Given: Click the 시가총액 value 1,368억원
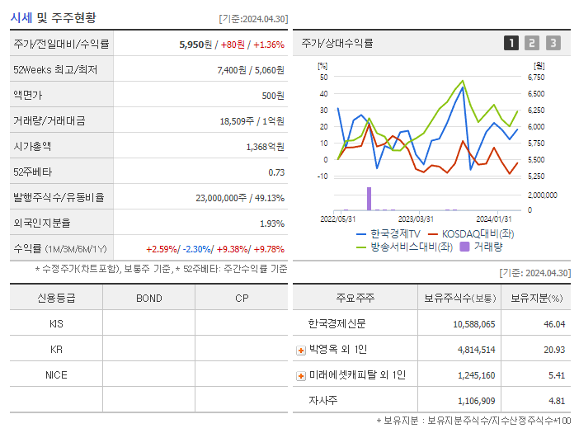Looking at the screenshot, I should pyautogui.click(x=265, y=147).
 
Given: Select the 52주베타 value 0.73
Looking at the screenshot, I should pyautogui.click(x=276, y=172).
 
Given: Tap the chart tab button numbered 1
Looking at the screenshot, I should pyautogui.click(x=511, y=43).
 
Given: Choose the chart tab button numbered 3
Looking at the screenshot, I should pyautogui.click(x=553, y=43).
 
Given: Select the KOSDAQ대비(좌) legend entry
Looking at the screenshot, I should pyautogui.click(x=476, y=234).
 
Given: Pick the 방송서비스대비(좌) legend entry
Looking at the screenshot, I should pyautogui.click(x=411, y=246).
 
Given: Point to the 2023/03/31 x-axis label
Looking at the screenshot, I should pyautogui.click(x=416, y=219).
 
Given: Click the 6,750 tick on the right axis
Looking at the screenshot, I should pyautogui.click(x=536, y=78).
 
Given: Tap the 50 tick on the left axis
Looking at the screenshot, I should pyautogui.click(x=324, y=78).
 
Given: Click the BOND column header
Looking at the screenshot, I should pyautogui.click(x=148, y=298).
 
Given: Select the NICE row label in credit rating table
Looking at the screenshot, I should pyautogui.click(x=56, y=374).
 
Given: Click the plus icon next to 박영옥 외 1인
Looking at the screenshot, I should pyautogui.click(x=301, y=350).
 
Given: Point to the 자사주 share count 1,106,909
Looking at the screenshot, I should pyautogui.click(x=473, y=401).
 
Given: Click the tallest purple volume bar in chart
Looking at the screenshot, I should pyautogui.click(x=369, y=198).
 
